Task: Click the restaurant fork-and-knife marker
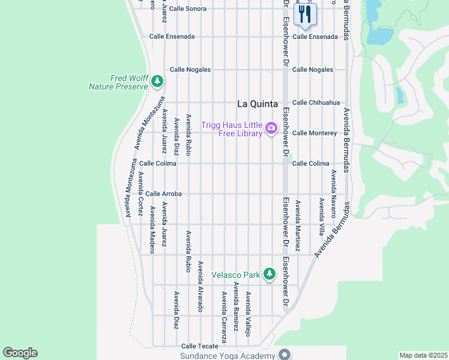305,14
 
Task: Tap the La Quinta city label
256,103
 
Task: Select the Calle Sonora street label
187,9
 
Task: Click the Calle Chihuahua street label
316,103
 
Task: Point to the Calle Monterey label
314,133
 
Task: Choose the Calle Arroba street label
163,194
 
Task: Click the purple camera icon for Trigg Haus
271,127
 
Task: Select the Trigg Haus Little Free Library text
232,128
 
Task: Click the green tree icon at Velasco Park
270,274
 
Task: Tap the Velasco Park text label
235,275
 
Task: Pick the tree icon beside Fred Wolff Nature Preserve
157,80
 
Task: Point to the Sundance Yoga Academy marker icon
285,355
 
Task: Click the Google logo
20,353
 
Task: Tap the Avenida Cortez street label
140,194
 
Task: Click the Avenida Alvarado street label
200,286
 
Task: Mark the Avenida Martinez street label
297,225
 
